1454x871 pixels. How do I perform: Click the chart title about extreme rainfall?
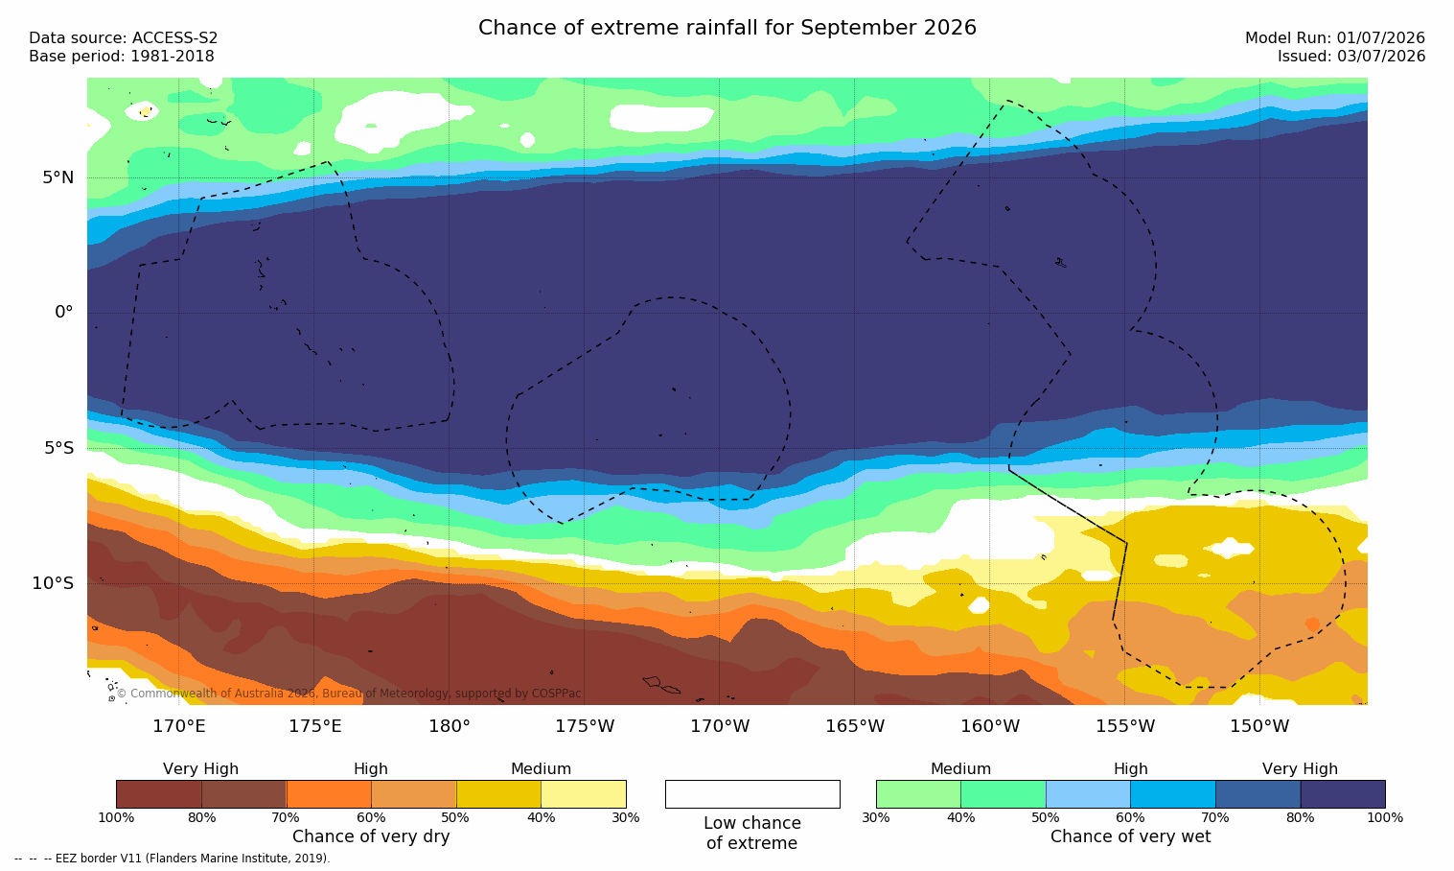point(727,28)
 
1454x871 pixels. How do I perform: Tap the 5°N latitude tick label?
point(58,177)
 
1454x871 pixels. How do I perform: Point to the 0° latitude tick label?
point(63,313)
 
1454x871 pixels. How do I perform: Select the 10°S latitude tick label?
point(54,583)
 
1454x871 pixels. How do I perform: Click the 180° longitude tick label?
point(450,725)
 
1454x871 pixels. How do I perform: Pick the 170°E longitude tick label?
point(179,725)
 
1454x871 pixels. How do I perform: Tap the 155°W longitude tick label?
point(1125,725)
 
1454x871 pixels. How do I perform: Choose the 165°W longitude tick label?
point(855,725)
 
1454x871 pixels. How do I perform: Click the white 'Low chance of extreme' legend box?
point(752,793)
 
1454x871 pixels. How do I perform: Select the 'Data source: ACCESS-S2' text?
point(124,38)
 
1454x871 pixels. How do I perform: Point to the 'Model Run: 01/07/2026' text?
point(1334,38)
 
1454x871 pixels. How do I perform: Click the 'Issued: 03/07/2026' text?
point(1351,57)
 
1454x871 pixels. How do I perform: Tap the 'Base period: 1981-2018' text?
point(122,57)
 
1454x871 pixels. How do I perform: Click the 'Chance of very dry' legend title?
point(371,836)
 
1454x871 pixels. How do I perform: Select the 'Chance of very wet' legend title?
point(1130,836)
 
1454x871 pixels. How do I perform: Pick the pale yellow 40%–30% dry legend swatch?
point(584,793)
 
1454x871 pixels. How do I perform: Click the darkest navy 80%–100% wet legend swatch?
point(1343,793)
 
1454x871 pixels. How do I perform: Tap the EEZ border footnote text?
point(172,859)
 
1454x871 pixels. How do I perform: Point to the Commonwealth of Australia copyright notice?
point(349,694)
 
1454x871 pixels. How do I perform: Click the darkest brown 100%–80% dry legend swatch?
point(159,793)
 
